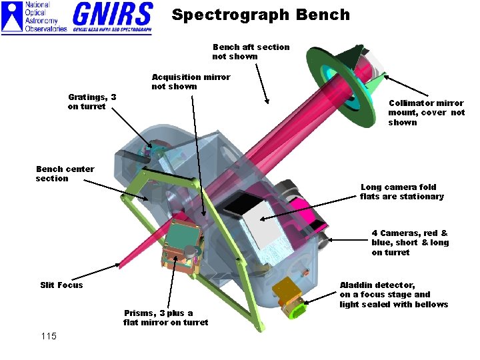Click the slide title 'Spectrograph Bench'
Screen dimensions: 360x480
click(x=261, y=15)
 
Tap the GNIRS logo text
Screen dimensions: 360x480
click(x=112, y=15)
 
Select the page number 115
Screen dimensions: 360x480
click(x=48, y=336)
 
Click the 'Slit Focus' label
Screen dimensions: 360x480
click(x=61, y=285)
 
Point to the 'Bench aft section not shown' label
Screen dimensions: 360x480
click(x=251, y=51)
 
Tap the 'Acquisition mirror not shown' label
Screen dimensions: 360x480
click(x=191, y=81)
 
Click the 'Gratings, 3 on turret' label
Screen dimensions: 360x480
click(x=92, y=102)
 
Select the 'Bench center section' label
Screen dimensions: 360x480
click(x=65, y=173)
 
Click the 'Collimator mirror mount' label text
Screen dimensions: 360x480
click(x=427, y=113)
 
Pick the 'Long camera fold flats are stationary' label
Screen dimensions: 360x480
click(x=401, y=192)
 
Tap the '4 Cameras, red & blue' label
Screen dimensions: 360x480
click(x=410, y=243)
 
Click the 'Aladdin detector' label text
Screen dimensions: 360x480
click(x=393, y=295)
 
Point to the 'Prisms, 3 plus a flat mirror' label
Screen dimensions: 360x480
click(x=165, y=318)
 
